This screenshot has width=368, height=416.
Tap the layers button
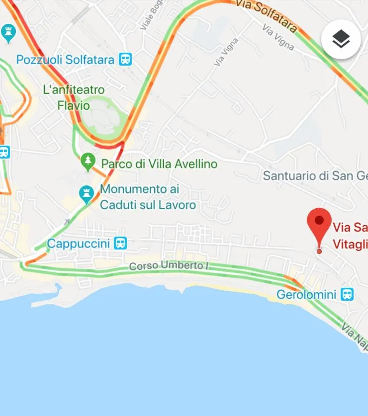pos(341,40)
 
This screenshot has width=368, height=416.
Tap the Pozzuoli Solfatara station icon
pos(125,60)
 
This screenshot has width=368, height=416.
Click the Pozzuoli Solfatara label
pos(66,60)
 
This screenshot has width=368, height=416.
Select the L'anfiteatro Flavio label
pos(74,97)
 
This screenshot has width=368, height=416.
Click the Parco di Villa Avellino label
pos(159,164)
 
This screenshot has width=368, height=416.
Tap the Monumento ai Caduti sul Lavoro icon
pos(87,193)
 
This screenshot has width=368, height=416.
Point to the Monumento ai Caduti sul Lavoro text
pos(148,197)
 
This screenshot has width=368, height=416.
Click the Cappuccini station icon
pos(120,243)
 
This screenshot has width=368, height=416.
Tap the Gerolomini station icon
pos(347,294)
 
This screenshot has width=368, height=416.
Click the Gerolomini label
pos(306,294)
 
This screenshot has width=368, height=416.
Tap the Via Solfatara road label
pos(266,15)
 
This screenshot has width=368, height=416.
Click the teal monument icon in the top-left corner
pos(8,33)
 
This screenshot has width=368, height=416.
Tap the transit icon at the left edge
pos(4,152)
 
